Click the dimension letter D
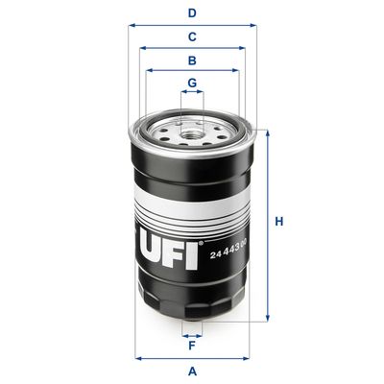click(x=192, y=13)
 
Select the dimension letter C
click(x=192, y=37)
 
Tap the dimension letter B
click(x=192, y=60)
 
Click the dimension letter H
click(x=279, y=223)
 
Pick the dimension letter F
click(x=192, y=345)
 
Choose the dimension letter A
click(x=192, y=371)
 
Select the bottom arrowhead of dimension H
click(x=267, y=317)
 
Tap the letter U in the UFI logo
click(x=149, y=253)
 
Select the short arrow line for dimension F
click(x=192, y=333)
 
